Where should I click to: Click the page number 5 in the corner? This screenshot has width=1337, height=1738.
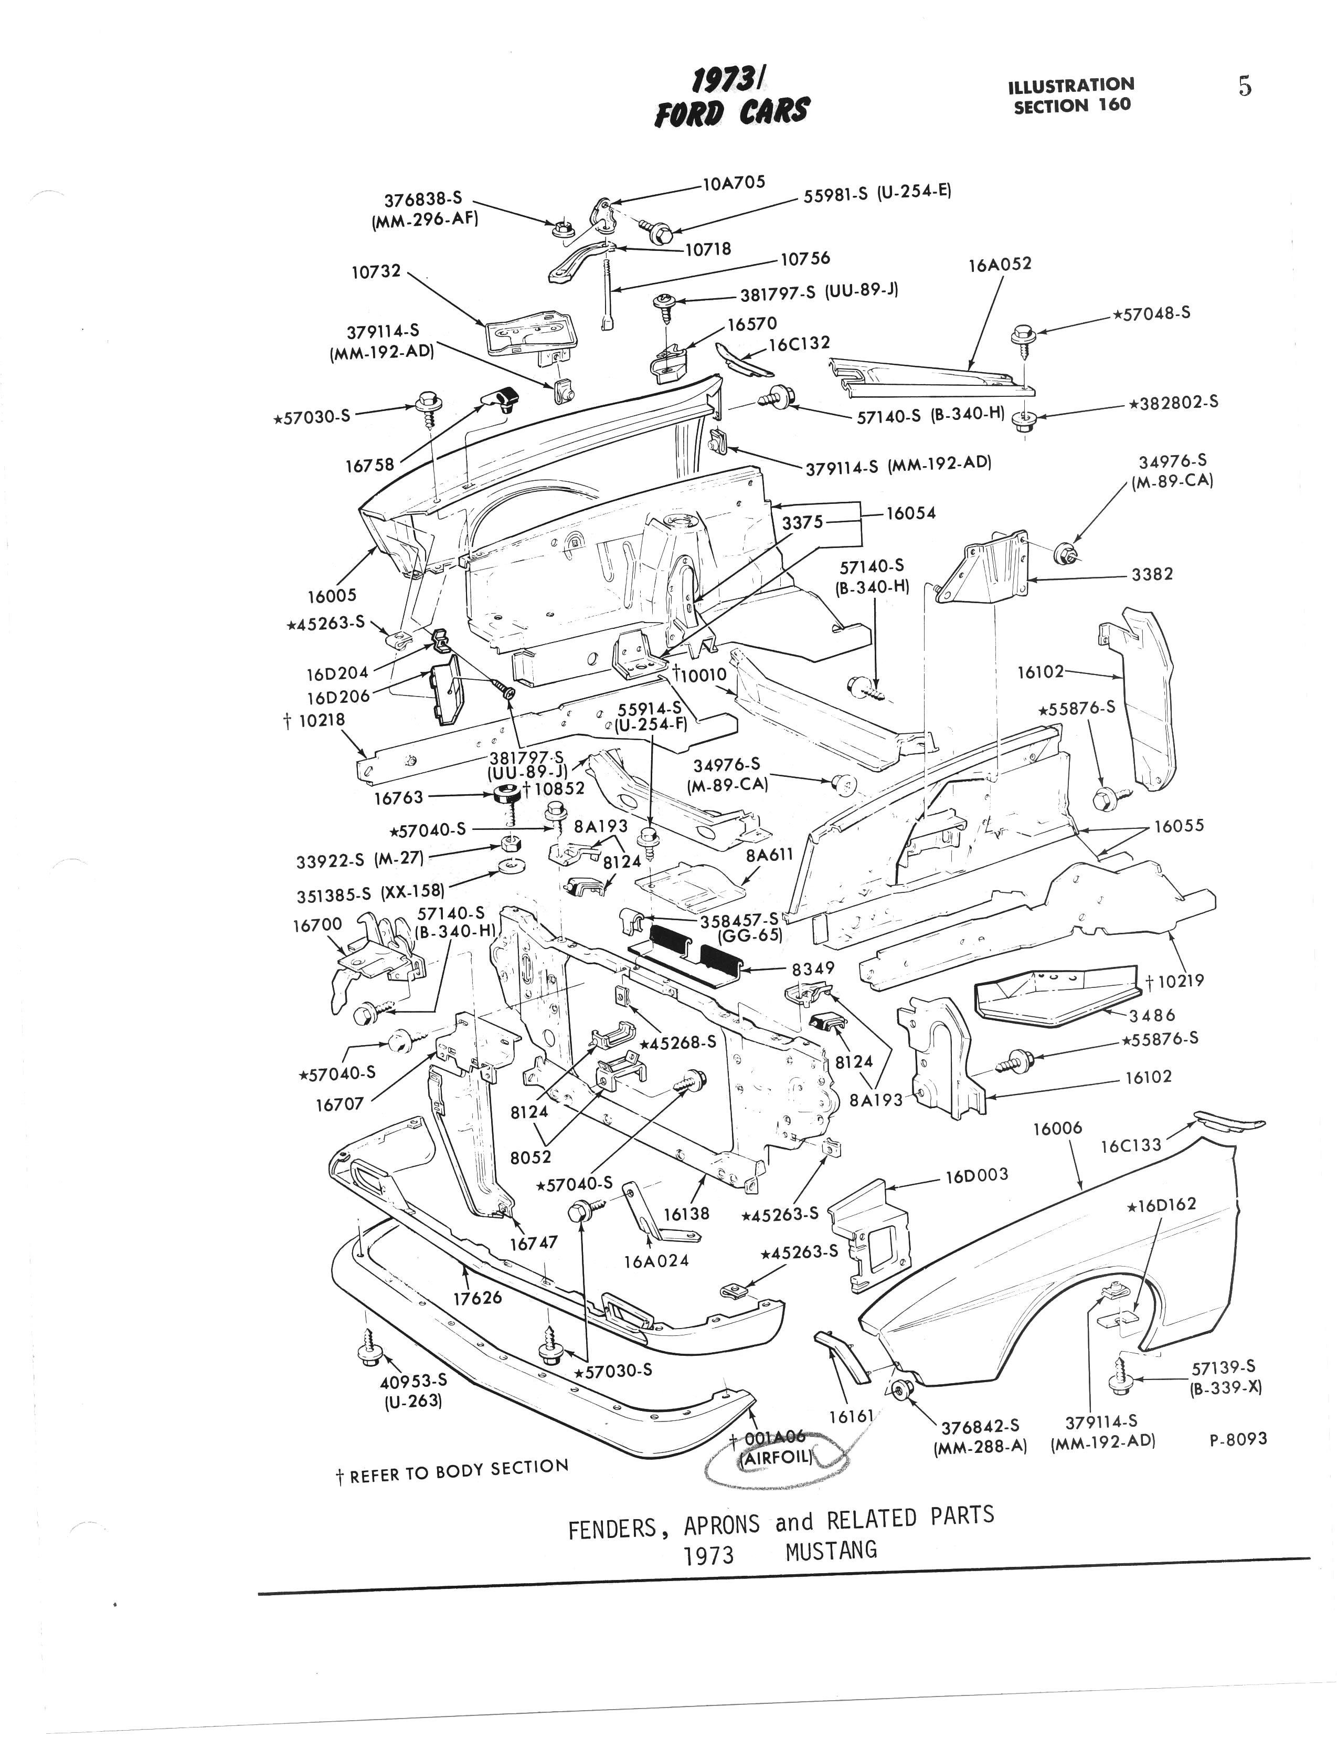pyautogui.click(x=1245, y=87)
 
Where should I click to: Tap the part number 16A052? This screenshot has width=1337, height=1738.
pyautogui.click(x=999, y=264)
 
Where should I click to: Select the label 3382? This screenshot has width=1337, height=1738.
pyautogui.click(x=1152, y=574)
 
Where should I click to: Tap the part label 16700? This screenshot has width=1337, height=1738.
pyautogui.click(x=317, y=924)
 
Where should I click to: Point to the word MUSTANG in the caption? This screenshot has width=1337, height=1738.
pyautogui.click(x=831, y=1550)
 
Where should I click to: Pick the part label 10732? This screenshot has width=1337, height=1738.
pyautogui.click(x=376, y=271)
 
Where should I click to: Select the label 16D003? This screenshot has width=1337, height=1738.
pyautogui.click(x=977, y=1175)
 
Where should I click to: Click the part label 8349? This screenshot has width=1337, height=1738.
pyautogui.click(x=812, y=968)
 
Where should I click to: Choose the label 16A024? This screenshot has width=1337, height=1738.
pyautogui.click(x=656, y=1260)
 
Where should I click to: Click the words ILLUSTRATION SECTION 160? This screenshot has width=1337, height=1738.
pyautogui.click(x=1071, y=94)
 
